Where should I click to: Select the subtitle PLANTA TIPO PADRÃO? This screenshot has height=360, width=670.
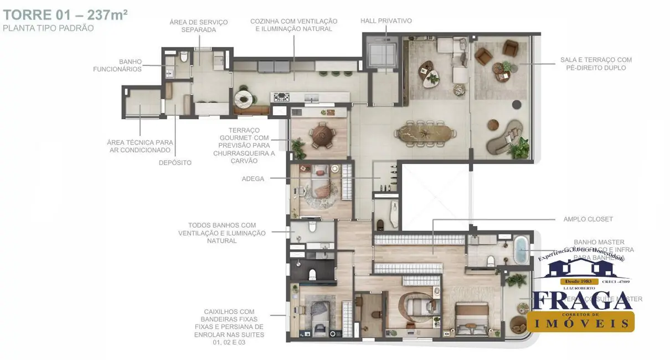tap(48, 28)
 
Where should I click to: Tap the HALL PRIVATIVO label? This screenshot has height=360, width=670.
tap(386, 21)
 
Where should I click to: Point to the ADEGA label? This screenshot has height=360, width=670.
tap(253, 179)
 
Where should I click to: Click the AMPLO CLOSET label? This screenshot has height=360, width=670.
tap(588, 219)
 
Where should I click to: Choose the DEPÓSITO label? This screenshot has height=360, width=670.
tap(175, 163)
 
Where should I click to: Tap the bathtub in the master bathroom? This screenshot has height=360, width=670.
tap(521, 250)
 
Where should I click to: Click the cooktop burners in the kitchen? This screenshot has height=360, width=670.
tap(281, 97)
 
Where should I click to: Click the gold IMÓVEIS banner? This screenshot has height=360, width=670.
tap(580, 322)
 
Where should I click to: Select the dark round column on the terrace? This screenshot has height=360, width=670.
tap(517, 104)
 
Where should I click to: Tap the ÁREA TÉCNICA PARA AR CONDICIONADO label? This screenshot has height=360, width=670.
tap(140, 146)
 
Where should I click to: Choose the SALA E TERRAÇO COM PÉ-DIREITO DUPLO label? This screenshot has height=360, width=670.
tap(596, 64)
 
